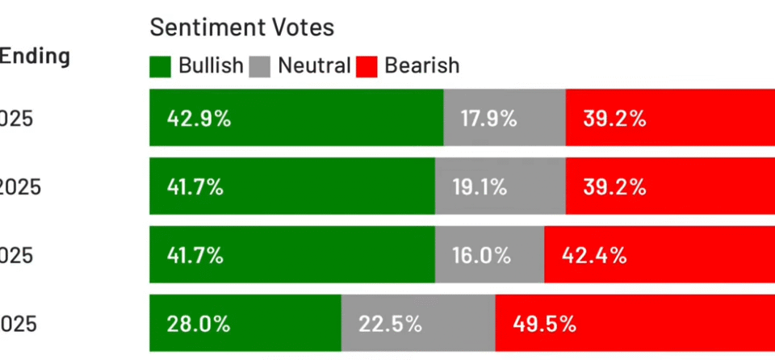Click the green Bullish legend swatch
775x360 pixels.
[160, 65]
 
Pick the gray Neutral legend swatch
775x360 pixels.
[260, 65]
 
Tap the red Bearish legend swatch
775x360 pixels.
[367, 65]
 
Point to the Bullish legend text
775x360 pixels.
[210, 65]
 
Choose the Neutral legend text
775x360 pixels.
[314, 65]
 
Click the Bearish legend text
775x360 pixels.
[421, 65]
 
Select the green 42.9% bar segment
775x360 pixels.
[296, 118]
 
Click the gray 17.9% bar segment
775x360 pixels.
[505, 118]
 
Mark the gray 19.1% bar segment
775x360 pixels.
[501, 187]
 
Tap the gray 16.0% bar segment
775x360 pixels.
[489, 256]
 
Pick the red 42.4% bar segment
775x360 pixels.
[660, 256]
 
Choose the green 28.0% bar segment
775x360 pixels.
[245, 324]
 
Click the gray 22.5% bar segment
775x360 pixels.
[418, 324]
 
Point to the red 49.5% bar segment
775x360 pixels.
[635, 324]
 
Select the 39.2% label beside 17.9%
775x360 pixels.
[615, 119]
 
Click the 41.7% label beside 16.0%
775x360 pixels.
[195, 256]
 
